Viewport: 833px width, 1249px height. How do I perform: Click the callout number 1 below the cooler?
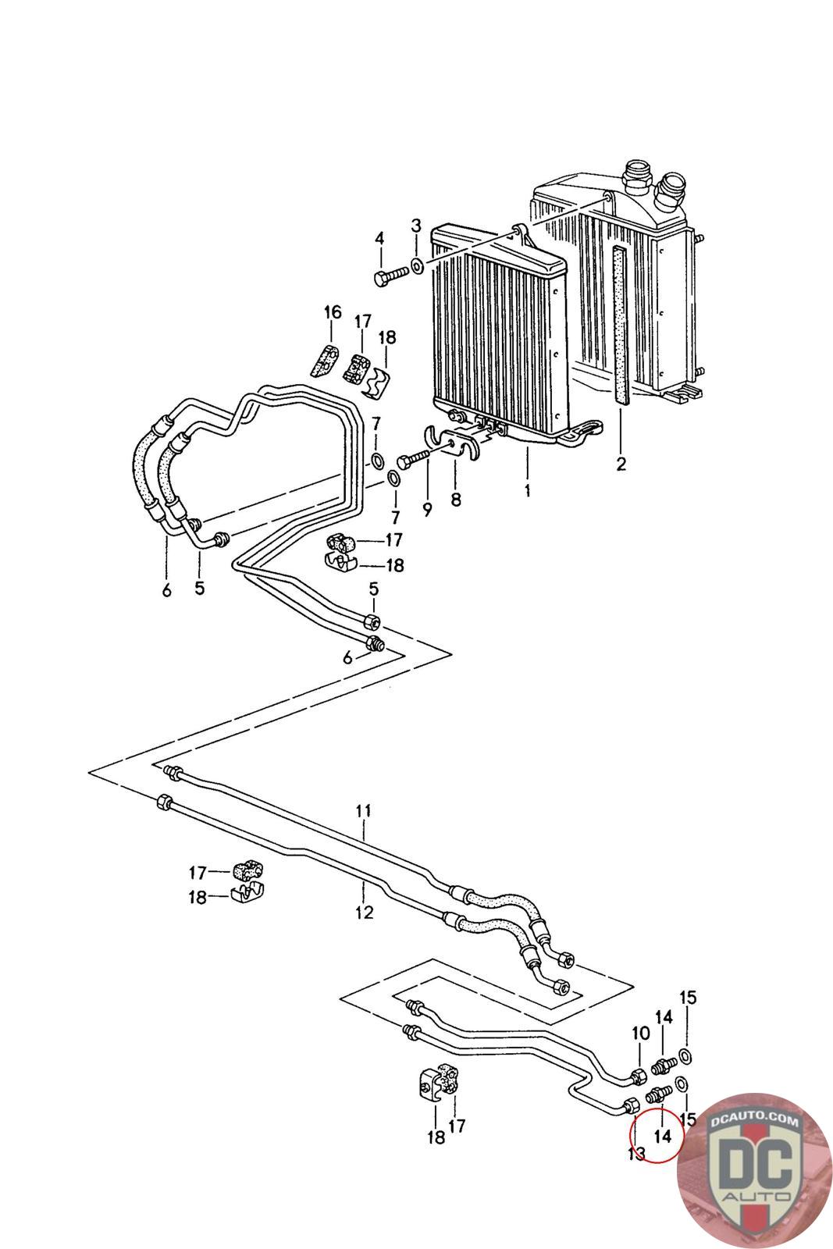tap(528, 491)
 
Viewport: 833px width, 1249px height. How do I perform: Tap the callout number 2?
tap(621, 464)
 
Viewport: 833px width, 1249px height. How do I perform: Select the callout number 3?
tap(416, 226)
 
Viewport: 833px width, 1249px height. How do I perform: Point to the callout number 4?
tap(380, 238)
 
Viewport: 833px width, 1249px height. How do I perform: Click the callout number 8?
tap(456, 497)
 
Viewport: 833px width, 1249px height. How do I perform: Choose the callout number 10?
tap(640, 1033)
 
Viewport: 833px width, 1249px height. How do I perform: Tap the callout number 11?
tap(364, 811)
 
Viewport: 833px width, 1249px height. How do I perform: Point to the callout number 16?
tap(333, 312)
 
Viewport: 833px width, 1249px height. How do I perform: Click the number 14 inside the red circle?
tap(662, 1136)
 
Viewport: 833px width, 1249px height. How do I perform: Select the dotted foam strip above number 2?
tap(620, 324)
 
